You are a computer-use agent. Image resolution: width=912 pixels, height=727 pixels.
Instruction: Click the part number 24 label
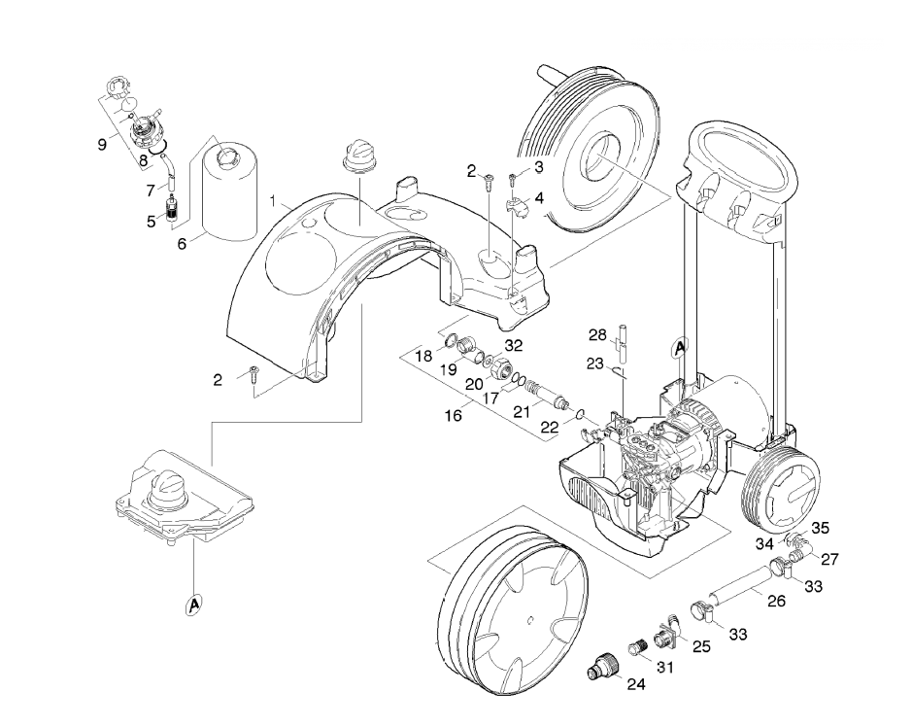tap(636, 684)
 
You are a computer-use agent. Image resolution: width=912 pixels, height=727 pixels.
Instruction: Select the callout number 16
tap(454, 416)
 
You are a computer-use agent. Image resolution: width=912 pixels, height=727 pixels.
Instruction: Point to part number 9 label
tap(102, 144)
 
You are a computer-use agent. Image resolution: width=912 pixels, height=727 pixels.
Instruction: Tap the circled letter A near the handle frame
tap(679, 348)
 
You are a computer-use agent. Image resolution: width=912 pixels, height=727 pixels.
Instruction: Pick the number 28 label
tap(597, 335)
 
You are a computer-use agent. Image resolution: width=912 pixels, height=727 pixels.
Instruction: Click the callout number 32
tap(514, 346)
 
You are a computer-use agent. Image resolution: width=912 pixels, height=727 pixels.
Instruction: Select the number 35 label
tap(820, 528)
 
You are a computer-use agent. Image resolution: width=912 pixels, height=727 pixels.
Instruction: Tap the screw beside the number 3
tap(513, 178)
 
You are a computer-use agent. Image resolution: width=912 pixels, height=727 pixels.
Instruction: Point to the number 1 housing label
tap(272, 201)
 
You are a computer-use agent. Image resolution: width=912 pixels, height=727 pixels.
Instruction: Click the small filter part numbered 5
tap(172, 209)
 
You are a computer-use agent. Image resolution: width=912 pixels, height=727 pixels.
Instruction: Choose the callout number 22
tap(549, 428)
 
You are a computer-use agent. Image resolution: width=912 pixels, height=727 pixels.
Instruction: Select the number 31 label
tap(664, 667)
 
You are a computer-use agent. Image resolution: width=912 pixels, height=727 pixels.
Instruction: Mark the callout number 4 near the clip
tap(539, 198)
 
